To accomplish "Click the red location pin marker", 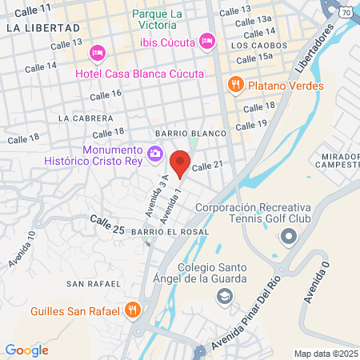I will [181, 162].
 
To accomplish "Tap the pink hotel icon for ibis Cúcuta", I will [207, 40].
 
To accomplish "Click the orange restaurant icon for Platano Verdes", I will [235, 84].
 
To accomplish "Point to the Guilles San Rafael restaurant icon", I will [133, 310].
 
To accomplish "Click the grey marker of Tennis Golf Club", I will [288, 237].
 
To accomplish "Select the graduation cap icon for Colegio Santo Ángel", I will [226, 297].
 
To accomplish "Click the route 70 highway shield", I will [345, 13].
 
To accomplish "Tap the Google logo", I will [26, 350].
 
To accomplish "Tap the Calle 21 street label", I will [206, 164].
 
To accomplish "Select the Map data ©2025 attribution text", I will [325, 354].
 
